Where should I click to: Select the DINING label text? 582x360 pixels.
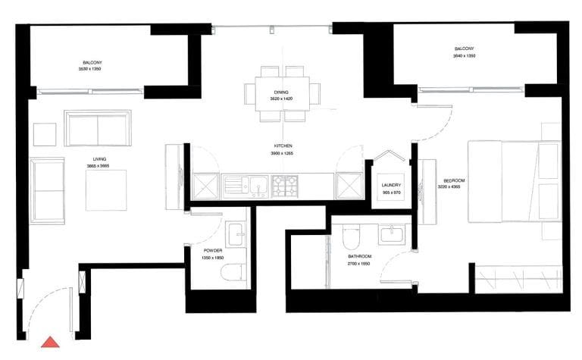point(282,92)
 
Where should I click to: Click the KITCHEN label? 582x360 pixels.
point(283,146)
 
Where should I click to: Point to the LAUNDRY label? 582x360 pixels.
point(391,185)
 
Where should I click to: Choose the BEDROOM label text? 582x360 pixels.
point(454,180)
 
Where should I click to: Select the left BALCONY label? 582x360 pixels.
point(92,62)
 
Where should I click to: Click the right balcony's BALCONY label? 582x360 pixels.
point(464,49)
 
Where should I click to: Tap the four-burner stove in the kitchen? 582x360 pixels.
point(286,185)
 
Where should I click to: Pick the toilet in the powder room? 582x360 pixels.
point(234,273)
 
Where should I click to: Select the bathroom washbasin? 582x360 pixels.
point(392,233)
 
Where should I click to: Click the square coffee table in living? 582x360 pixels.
point(106,190)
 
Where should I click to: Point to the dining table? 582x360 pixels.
point(282,93)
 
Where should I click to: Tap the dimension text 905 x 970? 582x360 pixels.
point(391,192)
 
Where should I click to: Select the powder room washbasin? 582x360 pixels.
point(236,232)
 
